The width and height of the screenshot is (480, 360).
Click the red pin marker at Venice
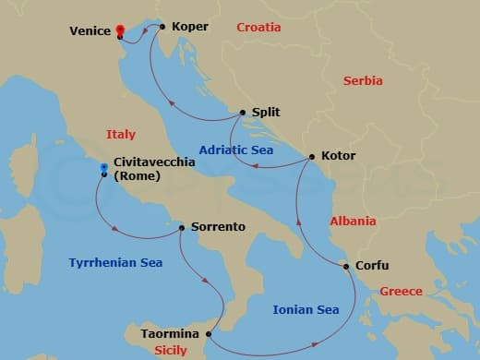[120, 30]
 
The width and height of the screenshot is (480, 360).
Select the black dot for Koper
[162, 26]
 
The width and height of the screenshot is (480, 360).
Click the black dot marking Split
[242, 113]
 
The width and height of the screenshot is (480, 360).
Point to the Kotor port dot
[311, 156]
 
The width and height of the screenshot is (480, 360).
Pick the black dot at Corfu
[346, 267]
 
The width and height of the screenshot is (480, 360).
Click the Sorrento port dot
[182, 226]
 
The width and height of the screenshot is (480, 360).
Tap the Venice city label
[90, 31]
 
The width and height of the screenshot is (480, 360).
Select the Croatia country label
[258, 28]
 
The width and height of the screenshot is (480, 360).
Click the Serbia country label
[363, 81]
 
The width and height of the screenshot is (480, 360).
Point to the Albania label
[353, 222]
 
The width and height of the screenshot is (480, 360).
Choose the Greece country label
[402, 292]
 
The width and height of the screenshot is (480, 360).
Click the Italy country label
[121, 135]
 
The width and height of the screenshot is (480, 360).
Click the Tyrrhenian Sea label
[115, 263]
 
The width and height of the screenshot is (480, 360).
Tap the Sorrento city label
[218, 226]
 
